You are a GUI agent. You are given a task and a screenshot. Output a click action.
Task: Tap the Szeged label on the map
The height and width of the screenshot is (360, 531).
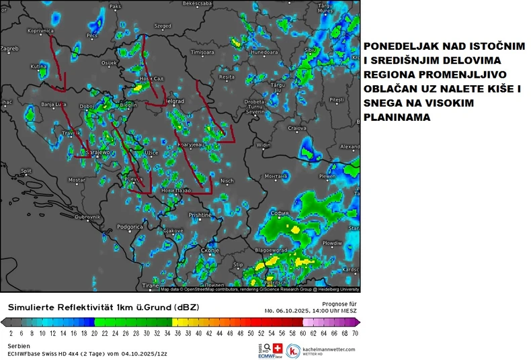(163, 26)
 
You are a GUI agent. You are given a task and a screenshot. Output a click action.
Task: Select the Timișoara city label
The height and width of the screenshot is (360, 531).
(202, 52)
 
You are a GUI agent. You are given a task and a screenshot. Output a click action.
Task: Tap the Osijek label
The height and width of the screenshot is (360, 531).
(109, 63)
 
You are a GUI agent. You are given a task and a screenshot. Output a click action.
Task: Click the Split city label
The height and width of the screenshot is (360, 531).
(26, 171)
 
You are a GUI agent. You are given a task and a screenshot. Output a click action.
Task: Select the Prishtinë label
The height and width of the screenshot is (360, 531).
(200, 215)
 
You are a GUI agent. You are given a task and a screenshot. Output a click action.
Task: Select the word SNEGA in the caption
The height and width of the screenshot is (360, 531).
(384, 103)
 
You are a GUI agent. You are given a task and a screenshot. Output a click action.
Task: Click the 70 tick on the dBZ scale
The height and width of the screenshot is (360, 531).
(355, 332)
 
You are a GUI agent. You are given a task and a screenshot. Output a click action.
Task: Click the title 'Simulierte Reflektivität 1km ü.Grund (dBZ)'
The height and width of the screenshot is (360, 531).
(103, 307)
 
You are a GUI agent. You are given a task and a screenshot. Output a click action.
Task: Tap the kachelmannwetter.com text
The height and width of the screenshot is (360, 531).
(329, 349)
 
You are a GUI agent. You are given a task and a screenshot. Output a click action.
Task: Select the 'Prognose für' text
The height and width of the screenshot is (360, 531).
(342, 304)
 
